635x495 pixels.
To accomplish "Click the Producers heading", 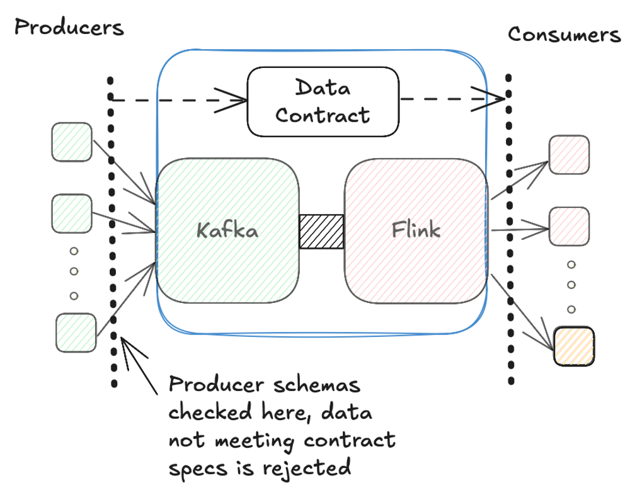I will pos(69,28).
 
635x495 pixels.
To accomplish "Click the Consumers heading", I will pos(564,35).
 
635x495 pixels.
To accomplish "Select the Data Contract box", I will pos(323,102).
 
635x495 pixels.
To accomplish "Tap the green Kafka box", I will pos(227,231).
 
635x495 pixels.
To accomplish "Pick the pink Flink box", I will pos(415,231).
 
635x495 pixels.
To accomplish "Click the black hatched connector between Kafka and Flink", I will pos(321,232).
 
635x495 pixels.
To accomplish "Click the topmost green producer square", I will pos(71,142).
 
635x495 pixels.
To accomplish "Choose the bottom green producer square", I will pos(76,333).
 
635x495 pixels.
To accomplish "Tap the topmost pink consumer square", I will pos(569,155).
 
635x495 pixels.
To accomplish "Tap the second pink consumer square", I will pos(569,225).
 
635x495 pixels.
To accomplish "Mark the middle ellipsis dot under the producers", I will pos(74,273).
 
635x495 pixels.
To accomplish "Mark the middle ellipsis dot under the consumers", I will pos(571,285).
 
